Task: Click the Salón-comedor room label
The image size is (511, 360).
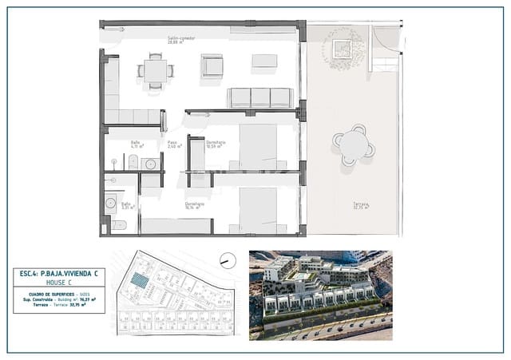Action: [x=182, y=39]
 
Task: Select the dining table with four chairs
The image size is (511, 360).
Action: [x=156, y=70]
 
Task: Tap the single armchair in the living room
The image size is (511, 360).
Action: [x=212, y=65]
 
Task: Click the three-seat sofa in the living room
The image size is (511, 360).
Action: [x=260, y=97]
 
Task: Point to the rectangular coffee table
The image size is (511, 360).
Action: [x=264, y=61]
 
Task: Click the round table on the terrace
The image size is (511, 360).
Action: [x=353, y=144]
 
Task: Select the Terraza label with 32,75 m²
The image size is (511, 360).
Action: [x=362, y=206]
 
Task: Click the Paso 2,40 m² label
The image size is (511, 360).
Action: [x=174, y=144]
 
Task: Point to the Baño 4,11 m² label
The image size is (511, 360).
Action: [x=137, y=144]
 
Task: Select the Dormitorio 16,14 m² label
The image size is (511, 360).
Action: [x=195, y=205]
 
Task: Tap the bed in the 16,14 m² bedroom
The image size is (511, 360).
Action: [x=257, y=210]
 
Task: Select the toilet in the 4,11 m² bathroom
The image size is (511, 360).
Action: [x=133, y=163]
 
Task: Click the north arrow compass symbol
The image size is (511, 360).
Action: [x=228, y=260]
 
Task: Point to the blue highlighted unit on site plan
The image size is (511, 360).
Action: [x=141, y=280]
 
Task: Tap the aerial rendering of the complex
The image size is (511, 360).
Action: [x=320, y=295]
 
